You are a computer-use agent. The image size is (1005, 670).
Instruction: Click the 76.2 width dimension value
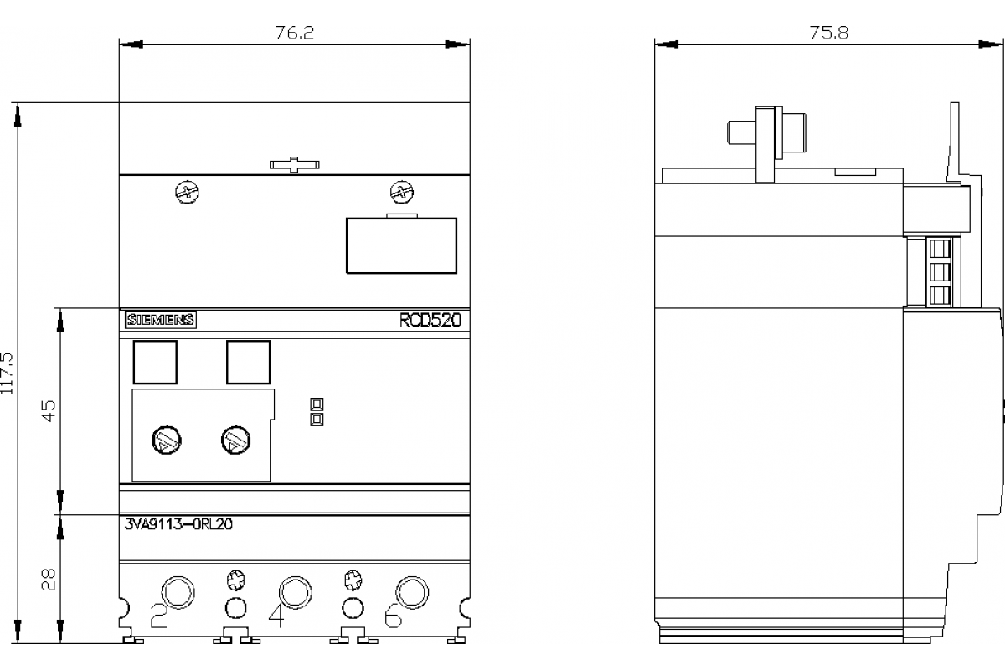[x=294, y=33]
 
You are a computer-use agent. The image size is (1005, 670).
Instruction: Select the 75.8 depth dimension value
[x=828, y=33]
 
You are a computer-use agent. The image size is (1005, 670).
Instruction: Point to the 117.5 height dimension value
[x=8, y=374]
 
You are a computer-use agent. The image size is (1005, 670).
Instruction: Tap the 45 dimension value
[x=49, y=410]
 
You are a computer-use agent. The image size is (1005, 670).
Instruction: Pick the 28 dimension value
[x=49, y=580]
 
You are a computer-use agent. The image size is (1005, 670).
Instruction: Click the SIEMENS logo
[x=161, y=320]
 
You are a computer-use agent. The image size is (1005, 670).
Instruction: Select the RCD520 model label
[x=430, y=320]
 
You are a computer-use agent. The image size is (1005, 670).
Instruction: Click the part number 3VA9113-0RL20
[x=178, y=524]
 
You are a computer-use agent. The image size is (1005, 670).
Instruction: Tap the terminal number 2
[x=158, y=616]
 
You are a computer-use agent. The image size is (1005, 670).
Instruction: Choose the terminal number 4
[x=276, y=616]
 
